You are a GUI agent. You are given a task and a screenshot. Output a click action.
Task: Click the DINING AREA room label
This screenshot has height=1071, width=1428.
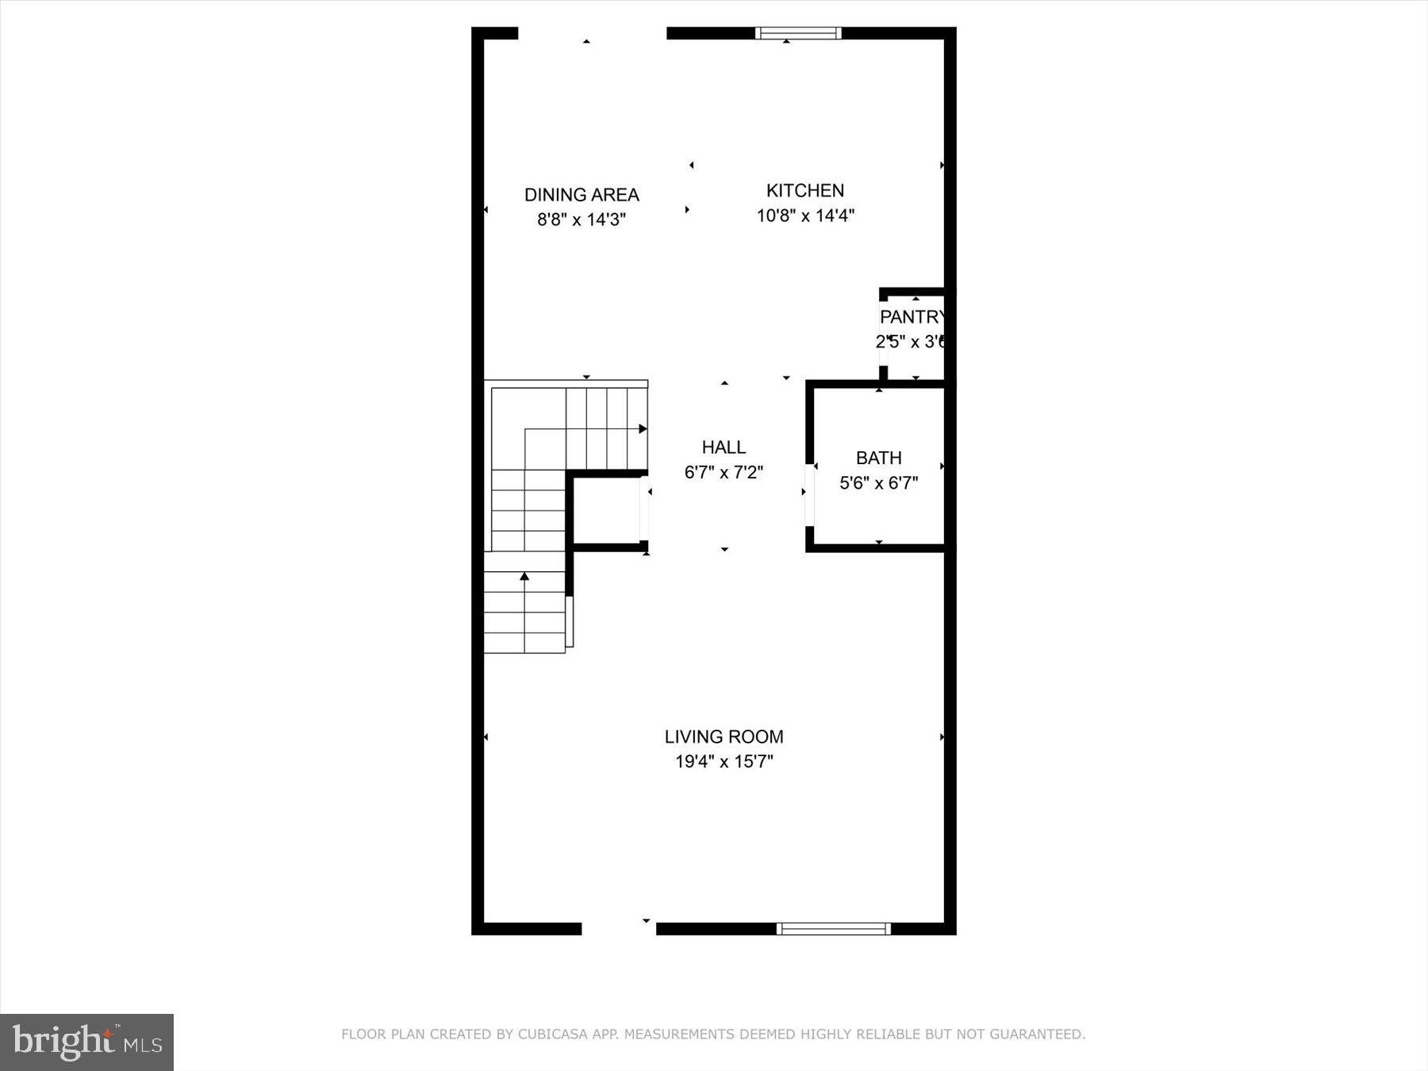coord(582,195)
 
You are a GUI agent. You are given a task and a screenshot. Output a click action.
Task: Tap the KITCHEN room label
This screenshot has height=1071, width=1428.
coord(804,191)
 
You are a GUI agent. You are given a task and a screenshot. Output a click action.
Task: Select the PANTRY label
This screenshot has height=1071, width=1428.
coord(912,317)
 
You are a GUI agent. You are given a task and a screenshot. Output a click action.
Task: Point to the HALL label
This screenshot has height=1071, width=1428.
coord(724,447)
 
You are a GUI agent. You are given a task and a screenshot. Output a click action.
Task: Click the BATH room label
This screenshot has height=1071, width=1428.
coord(878,459)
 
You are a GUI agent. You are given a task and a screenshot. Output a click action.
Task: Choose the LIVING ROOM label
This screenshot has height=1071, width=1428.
coord(724,737)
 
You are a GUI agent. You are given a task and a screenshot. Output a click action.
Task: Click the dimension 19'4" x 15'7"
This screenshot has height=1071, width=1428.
coord(724,762)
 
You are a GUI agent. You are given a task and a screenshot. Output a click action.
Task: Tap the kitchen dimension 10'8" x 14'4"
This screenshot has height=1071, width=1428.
coord(804,216)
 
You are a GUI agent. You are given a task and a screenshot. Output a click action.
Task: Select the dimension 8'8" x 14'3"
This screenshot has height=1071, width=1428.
coord(582,220)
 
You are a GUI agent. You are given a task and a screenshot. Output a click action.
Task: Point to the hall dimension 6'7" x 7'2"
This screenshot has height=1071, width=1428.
coord(724,473)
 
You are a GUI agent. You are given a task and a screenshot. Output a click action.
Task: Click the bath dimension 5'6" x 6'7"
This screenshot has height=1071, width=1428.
coord(878,483)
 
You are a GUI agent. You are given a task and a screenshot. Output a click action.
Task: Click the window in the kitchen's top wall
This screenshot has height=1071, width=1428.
coord(797,33)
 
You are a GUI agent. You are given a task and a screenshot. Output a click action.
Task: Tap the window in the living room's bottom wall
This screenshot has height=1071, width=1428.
coord(833,929)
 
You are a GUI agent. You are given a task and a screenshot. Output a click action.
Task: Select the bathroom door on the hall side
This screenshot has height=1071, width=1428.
coord(809,494)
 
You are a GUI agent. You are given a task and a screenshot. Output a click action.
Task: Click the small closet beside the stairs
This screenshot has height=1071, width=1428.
coord(606,512)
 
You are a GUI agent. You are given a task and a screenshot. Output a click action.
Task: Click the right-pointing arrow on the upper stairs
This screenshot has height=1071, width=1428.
coord(643,429)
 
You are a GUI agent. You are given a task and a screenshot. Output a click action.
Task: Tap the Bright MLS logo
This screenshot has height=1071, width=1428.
coord(86,1042)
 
